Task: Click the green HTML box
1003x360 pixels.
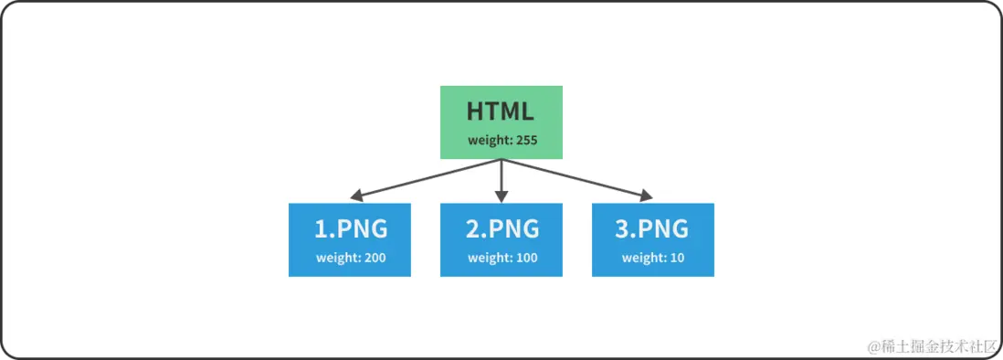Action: coord(501,122)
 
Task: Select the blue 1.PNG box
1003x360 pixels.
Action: coord(349,239)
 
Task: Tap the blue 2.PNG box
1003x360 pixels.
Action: coord(501,239)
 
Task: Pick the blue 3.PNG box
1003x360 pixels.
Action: coord(652,239)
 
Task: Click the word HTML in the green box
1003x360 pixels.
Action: coord(501,111)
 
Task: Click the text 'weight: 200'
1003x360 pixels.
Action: coord(351,258)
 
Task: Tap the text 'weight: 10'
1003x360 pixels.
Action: coord(652,258)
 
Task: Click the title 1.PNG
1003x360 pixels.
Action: coord(351,228)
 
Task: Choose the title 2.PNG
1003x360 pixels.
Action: coord(502,228)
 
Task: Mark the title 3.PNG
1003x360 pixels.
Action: coord(652,228)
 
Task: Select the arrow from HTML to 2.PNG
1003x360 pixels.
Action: coord(501,176)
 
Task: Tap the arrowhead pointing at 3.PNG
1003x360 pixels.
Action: coord(647,196)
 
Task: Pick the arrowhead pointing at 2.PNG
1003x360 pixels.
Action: coord(501,196)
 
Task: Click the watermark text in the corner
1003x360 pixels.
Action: coord(931,346)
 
